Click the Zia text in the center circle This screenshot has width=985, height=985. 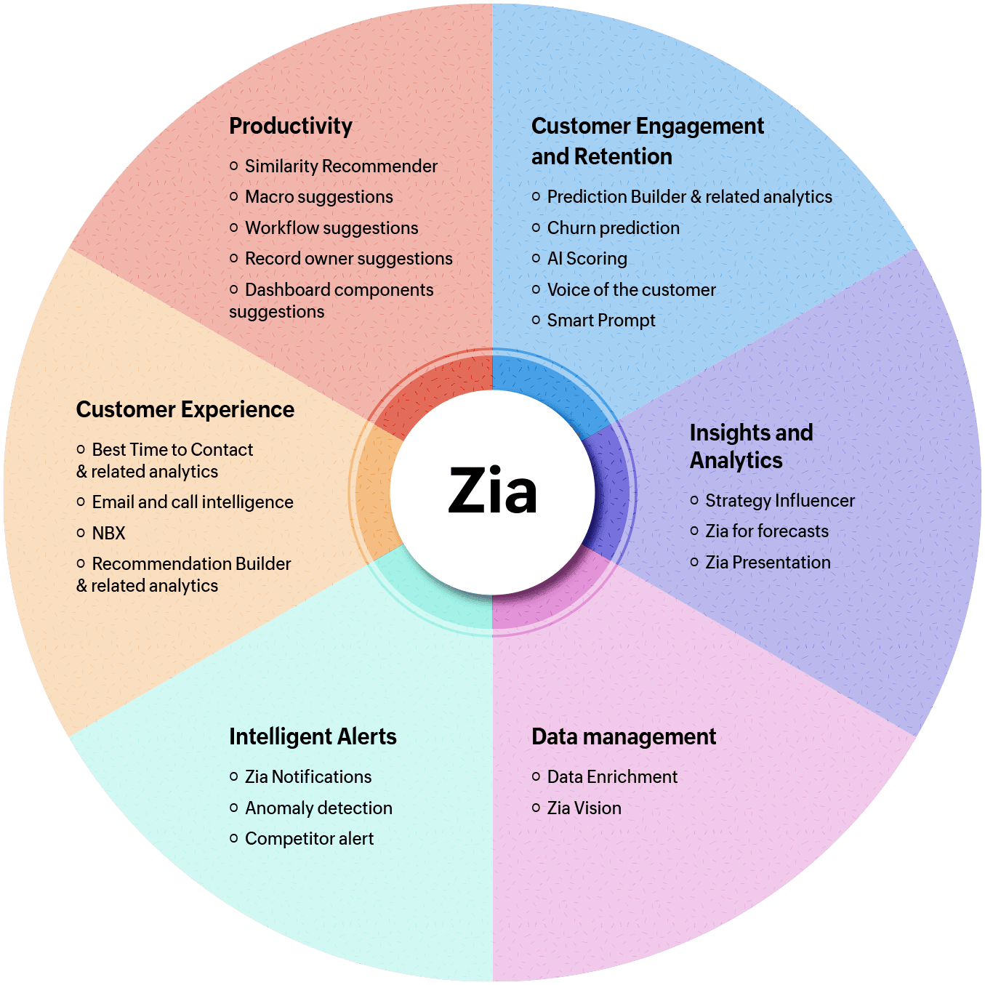tap(493, 491)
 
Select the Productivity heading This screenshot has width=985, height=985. tap(291, 126)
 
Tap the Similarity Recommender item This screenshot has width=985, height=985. tap(341, 166)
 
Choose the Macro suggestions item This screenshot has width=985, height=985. tap(318, 197)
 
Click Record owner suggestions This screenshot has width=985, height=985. tap(348, 259)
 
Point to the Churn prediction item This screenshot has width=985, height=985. tap(613, 228)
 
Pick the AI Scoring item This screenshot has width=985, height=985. tap(587, 259)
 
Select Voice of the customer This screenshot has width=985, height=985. tap(631, 290)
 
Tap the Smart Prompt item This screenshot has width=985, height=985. tap(600, 321)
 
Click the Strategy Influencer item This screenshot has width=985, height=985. tap(779, 501)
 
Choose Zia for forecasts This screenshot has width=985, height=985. tap(766, 531)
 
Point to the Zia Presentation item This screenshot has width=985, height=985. tap(768, 563)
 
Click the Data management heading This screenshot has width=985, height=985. tap(624, 736)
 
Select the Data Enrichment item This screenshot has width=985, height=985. tap(612, 777)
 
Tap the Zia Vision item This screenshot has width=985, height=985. tap(584, 808)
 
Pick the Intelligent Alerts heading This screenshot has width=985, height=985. tap(313, 736)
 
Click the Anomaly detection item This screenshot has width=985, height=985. tap(318, 808)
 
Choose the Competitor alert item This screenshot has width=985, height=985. tap(309, 839)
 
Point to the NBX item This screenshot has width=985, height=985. tap(108, 534)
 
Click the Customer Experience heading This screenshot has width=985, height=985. tap(185, 409)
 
